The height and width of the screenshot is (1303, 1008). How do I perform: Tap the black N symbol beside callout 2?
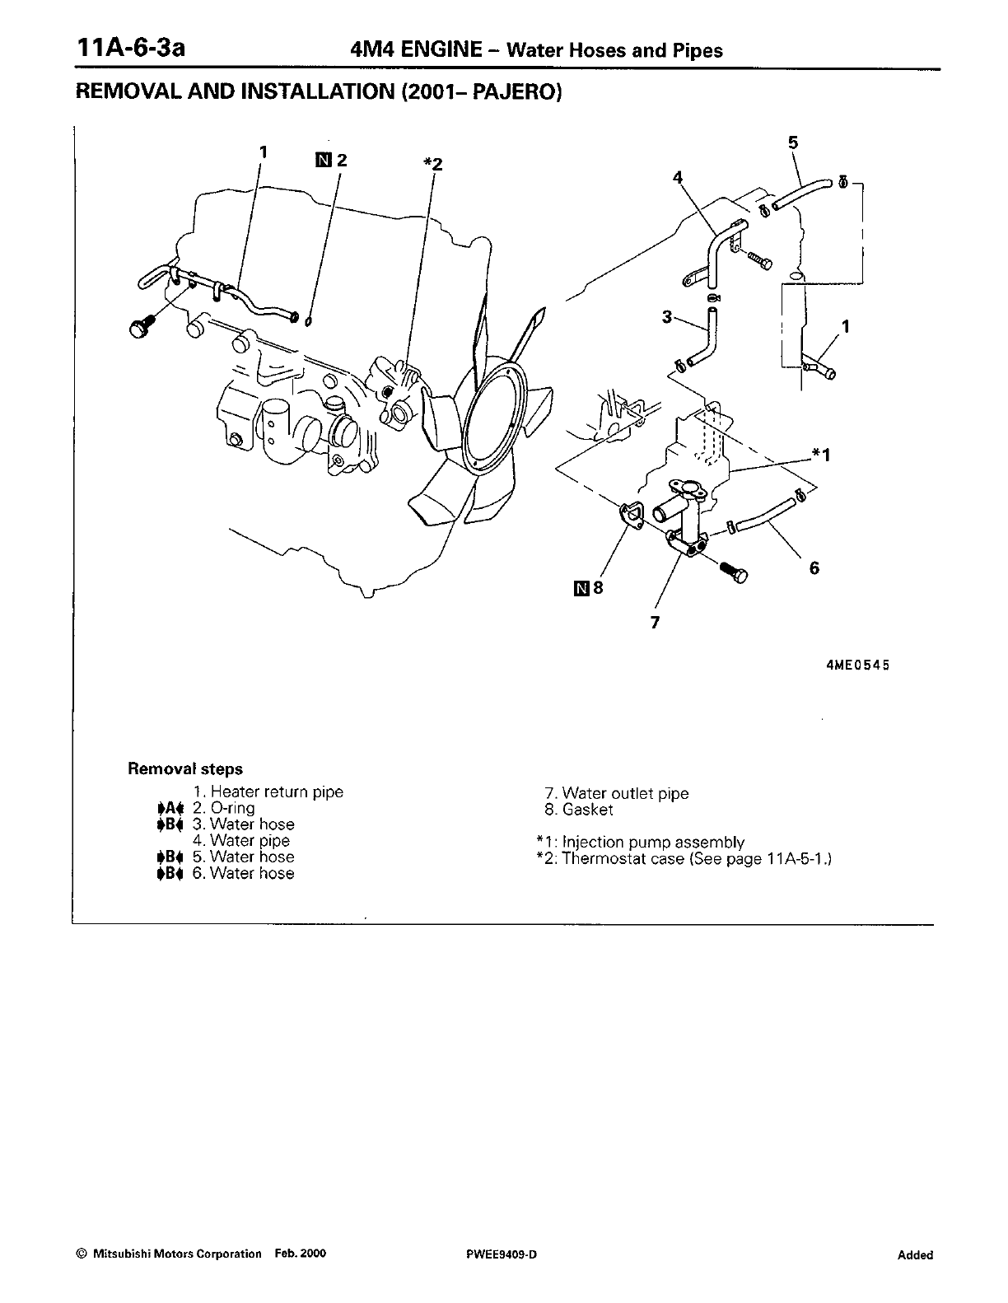tap(323, 160)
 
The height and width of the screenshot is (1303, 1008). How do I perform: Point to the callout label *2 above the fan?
tap(432, 163)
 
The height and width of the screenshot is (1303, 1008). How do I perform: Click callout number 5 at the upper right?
tap(792, 142)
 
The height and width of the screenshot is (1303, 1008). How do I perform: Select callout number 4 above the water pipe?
tap(678, 177)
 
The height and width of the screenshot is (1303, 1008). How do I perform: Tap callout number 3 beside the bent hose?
tap(668, 316)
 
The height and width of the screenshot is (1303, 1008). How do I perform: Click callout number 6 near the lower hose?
tap(814, 567)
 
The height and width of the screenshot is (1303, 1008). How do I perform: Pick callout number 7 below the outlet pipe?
tap(655, 623)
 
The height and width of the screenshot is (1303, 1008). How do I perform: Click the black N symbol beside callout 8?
tap(582, 588)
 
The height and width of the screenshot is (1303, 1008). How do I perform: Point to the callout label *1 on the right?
tap(821, 454)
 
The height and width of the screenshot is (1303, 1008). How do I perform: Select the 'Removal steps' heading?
tap(185, 769)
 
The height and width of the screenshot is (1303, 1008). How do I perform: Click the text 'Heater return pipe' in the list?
tap(277, 792)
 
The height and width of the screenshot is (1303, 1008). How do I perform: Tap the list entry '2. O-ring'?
tap(224, 808)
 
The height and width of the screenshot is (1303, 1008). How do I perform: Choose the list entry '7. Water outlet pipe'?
tap(617, 794)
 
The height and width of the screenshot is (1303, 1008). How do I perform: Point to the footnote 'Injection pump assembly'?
tap(653, 842)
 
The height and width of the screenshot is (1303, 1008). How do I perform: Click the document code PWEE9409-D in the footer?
tap(501, 1254)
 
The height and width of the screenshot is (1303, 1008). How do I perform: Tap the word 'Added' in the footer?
tap(915, 1255)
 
